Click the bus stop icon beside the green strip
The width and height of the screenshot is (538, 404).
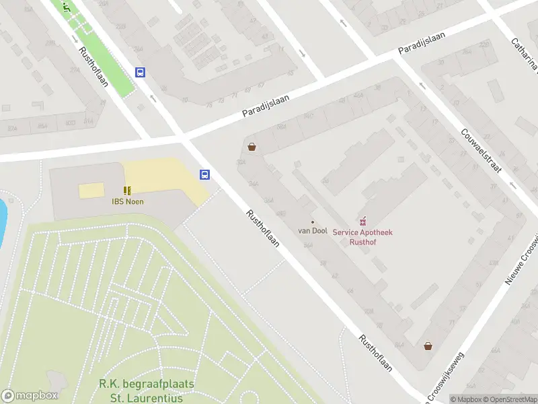point(141,72)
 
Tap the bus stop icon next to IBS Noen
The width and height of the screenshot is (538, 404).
point(204,174)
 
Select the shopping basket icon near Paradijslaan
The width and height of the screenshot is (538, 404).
point(252,147)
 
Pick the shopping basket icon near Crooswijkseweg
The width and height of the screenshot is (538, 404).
point(428,345)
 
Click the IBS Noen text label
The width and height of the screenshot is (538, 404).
point(127,201)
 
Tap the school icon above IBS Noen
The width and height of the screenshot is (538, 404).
point(127,191)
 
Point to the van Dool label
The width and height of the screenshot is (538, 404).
point(313,231)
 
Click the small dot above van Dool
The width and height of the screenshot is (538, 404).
point(313,222)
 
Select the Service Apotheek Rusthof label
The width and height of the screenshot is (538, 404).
point(362,237)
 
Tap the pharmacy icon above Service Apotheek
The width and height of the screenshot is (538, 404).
point(364,221)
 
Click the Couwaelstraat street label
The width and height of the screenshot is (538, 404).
point(482,150)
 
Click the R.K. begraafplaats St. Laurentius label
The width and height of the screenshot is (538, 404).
point(147,390)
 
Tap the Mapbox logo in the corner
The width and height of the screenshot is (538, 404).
point(30,396)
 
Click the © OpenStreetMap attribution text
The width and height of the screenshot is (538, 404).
point(510,399)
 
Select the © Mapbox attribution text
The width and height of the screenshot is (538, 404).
point(467,399)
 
